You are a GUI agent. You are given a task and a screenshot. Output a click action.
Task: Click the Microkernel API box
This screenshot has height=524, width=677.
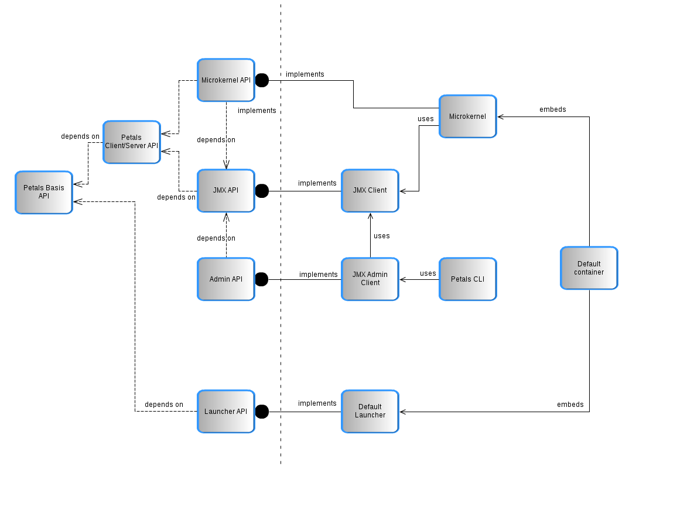click(x=225, y=80)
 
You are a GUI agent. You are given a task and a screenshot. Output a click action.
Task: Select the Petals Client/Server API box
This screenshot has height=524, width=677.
click(x=131, y=142)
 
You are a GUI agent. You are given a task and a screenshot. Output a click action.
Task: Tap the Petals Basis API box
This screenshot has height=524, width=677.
click(x=44, y=193)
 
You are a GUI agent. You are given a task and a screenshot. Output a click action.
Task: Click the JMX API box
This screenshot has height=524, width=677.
click(x=225, y=191)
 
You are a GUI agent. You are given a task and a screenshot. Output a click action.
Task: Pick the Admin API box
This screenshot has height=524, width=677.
click(x=225, y=279)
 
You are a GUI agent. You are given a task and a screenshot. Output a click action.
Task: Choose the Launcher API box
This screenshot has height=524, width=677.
click(x=225, y=412)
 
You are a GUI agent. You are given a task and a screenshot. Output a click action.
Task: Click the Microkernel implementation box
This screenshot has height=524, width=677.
click(x=467, y=117)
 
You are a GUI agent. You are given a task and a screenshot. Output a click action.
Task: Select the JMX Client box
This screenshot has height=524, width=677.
click(x=370, y=191)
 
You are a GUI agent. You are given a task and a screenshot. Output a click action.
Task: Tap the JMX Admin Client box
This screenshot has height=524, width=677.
click(x=370, y=279)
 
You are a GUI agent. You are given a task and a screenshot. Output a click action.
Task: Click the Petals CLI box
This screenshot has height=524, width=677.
click(x=467, y=279)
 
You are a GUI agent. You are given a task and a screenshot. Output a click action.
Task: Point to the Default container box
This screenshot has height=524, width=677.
click(x=589, y=268)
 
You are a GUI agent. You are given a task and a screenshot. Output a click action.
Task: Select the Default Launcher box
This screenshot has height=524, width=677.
click(x=370, y=412)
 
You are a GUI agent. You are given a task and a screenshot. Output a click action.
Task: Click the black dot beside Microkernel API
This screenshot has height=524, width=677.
click(x=262, y=80)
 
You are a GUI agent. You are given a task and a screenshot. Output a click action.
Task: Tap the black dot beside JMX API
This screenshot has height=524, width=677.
click(x=262, y=191)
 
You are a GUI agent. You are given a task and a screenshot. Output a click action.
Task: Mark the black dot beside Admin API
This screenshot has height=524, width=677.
click(x=262, y=280)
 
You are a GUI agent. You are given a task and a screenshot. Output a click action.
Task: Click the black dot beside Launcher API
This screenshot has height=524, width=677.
click(x=262, y=412)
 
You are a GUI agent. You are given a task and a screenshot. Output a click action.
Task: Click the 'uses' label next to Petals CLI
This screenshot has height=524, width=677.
click(x=428, y=273)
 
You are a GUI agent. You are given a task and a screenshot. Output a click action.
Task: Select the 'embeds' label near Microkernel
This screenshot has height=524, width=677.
click(x=552, y=109)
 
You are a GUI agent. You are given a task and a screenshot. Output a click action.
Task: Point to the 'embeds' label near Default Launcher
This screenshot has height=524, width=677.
click(x=570, y=405)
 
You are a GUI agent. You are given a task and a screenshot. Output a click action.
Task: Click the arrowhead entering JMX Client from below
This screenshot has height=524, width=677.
click(x=370, y=216)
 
